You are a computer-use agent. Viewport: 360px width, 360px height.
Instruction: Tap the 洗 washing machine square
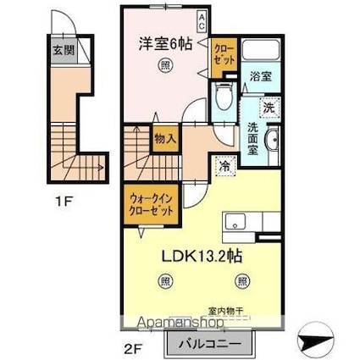(268, 108)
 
